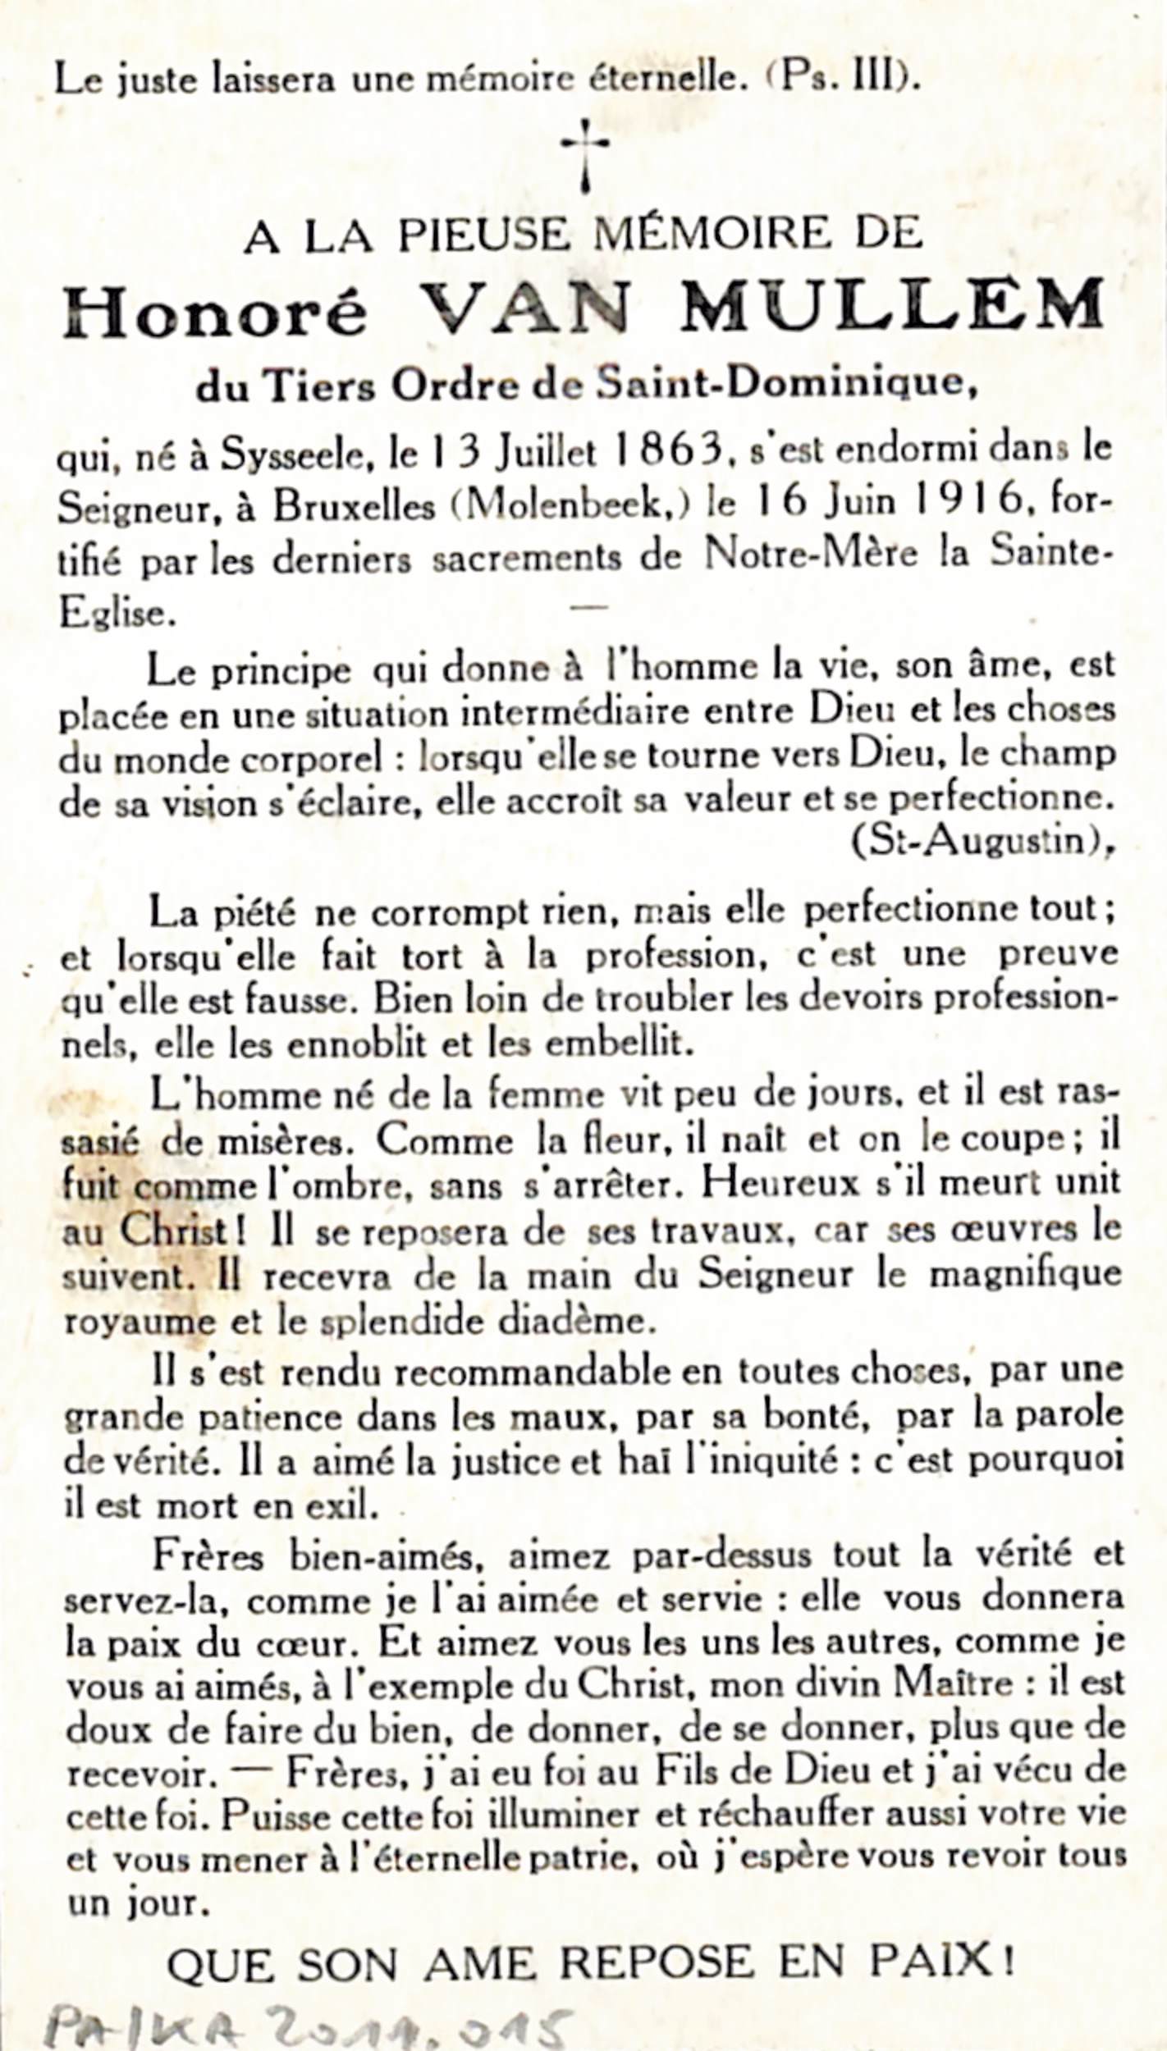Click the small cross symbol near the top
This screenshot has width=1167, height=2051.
[584, 154]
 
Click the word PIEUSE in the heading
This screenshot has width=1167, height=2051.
[485, 236]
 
